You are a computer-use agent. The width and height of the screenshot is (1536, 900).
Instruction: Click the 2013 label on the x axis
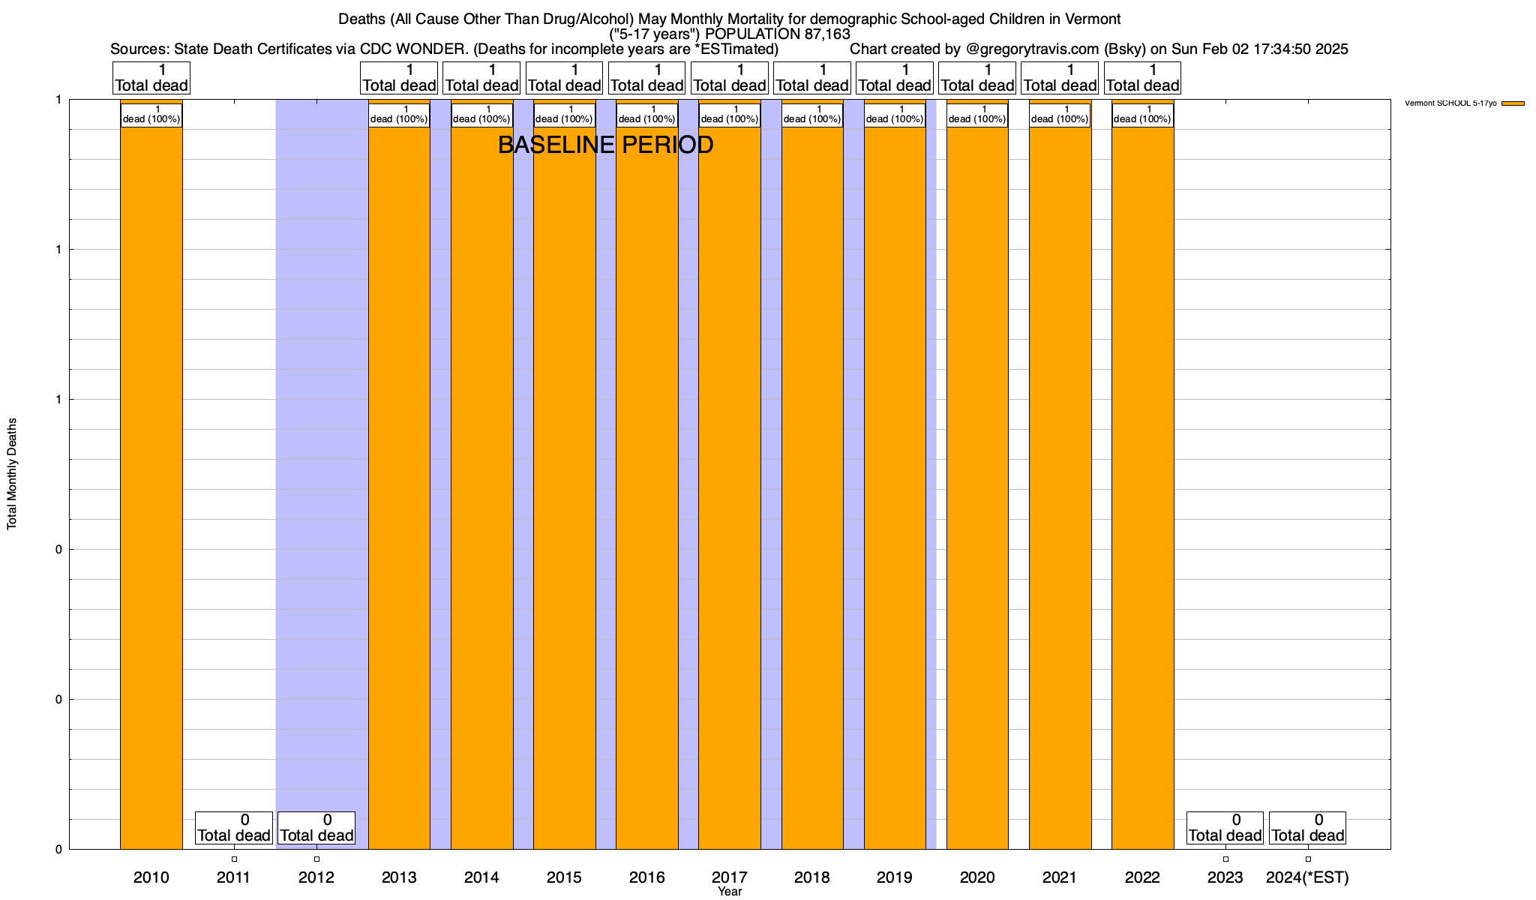pos(399,877)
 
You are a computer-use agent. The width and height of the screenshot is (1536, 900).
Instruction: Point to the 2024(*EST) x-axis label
pos(1307,877)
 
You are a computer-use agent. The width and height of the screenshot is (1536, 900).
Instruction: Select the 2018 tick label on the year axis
pos(812,877)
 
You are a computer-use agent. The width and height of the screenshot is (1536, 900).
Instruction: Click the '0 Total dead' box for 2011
pos(234,828)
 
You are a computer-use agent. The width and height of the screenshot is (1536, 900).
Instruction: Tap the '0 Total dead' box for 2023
pos(1225,828)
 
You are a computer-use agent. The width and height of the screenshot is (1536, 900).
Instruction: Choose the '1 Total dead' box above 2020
pos(977,78)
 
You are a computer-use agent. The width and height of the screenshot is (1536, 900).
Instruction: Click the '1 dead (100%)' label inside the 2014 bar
pos(481,115)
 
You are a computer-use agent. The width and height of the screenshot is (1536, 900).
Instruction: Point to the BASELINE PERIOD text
pos(605,145)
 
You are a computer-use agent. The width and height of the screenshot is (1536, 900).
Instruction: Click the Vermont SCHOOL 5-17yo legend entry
pos(1462,103)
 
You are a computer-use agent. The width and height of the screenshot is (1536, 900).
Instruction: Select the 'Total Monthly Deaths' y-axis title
pos(12,474)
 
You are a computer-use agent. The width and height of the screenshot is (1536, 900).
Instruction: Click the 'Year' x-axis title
pos(729,892)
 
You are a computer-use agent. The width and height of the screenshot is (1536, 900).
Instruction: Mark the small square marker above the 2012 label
pos(316,859)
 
